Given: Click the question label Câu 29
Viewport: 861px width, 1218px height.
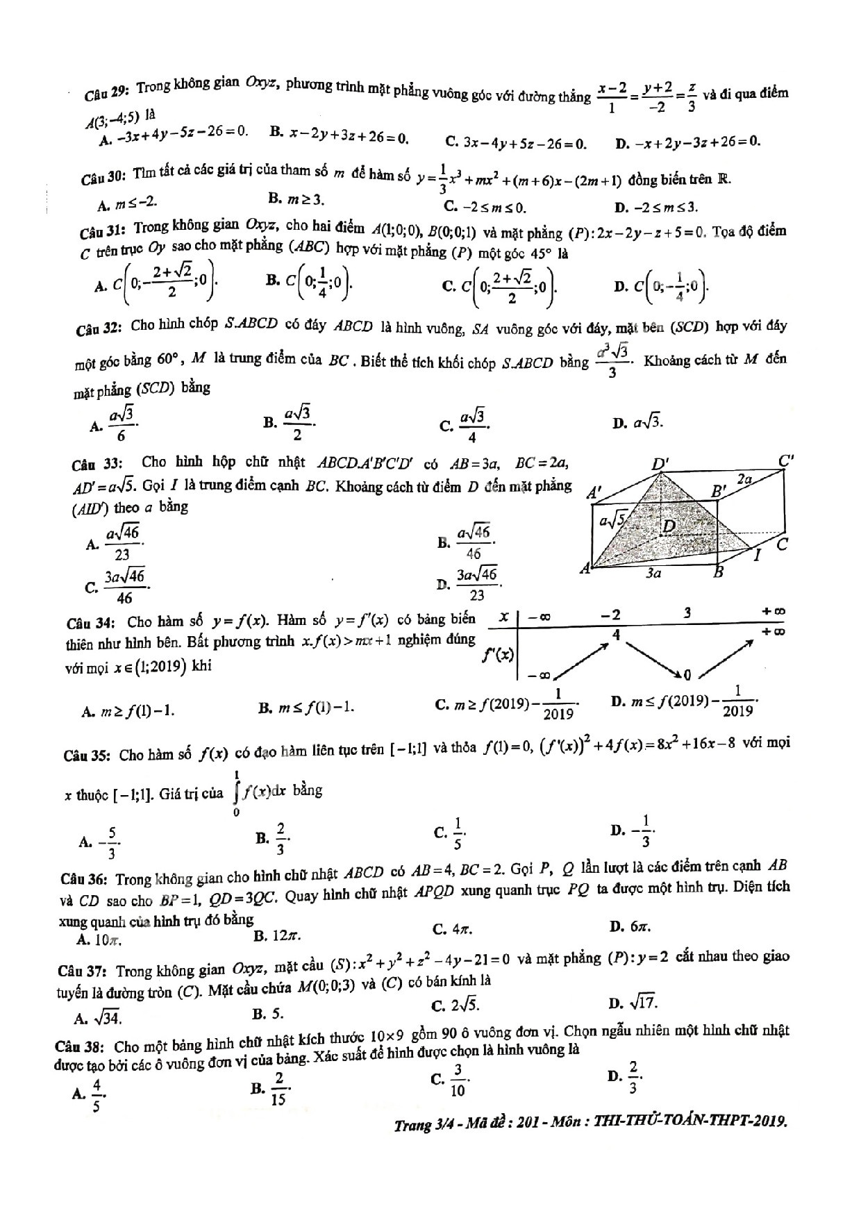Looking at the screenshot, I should click(x=107, y=92).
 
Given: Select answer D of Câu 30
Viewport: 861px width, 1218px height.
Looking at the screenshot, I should click(x=656, y=207).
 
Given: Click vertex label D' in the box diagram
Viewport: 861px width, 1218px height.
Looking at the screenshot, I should click(x=659, y=464).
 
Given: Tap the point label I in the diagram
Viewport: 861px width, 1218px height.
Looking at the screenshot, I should click(x=758, y=554).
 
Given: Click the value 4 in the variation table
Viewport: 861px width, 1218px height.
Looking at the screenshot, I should click(x=616, y=634).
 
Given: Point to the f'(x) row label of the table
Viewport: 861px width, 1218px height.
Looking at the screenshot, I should click(x=499, y=654).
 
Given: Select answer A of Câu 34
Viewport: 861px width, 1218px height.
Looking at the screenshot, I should click(x=128, y=711).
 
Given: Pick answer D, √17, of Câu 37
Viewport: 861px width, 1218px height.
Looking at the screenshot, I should click(x=633, y=1003).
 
